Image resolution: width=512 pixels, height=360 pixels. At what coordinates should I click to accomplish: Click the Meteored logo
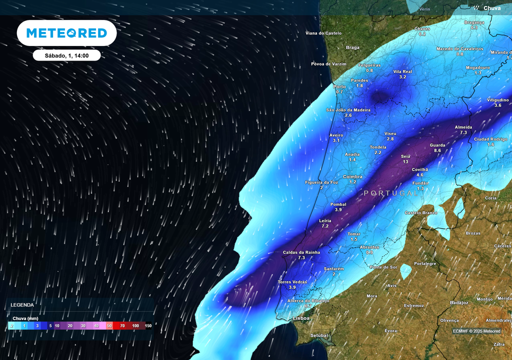(x=66, y=33)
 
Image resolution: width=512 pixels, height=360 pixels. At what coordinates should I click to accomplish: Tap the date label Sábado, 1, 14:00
(x=66, y=55)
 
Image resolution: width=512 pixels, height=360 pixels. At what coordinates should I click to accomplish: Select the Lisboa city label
(x=301, y=318)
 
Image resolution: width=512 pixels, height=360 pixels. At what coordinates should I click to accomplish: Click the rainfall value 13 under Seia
(x=405, y=162)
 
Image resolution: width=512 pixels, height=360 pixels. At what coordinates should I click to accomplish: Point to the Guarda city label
(x=437, y=145)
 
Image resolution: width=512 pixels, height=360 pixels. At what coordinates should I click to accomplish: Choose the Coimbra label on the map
(x=352, y=176)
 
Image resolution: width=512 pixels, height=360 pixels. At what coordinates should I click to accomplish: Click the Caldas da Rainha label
(x=301, y=252)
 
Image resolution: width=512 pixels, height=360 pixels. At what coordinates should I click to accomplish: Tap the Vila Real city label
(x=402, y=71)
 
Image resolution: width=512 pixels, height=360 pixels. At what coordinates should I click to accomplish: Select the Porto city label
(x=339, y=86)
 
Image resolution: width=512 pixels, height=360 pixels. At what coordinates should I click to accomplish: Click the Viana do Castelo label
(x=323, y=33)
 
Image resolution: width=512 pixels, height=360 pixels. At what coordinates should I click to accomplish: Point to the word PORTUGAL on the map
(x=391, y=193)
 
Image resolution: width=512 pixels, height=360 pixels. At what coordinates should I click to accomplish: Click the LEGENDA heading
(x=22, y=304)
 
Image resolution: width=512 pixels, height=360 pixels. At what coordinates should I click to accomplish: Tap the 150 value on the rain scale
(x=148, y=325)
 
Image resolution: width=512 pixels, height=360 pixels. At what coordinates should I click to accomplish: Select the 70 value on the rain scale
(x=122, y=325)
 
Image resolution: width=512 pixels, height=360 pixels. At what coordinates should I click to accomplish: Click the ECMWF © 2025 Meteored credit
(x=476, y=331)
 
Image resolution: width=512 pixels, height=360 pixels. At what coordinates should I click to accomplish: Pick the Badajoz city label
(x=458, y=302)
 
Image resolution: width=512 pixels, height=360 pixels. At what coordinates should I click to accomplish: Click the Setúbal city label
(x=318, y=335)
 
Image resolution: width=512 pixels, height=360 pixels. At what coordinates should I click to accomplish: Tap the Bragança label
(x=474, y=22)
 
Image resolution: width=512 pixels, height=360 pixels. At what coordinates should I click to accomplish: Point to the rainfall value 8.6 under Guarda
(x=437, y=150)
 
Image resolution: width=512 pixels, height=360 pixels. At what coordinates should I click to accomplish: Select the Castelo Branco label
(x=420, y=213)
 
